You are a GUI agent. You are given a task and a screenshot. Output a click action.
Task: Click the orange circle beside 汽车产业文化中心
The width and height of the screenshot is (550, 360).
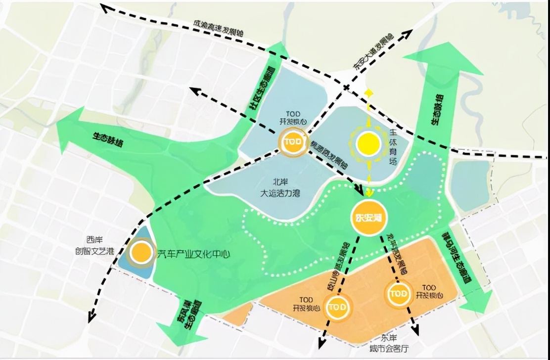coord(142,252)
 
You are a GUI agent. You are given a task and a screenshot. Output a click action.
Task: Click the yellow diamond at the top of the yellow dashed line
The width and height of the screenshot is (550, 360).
coord(368,92)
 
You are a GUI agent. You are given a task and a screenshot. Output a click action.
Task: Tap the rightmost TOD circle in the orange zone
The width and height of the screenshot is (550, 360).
coord(398,294)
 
